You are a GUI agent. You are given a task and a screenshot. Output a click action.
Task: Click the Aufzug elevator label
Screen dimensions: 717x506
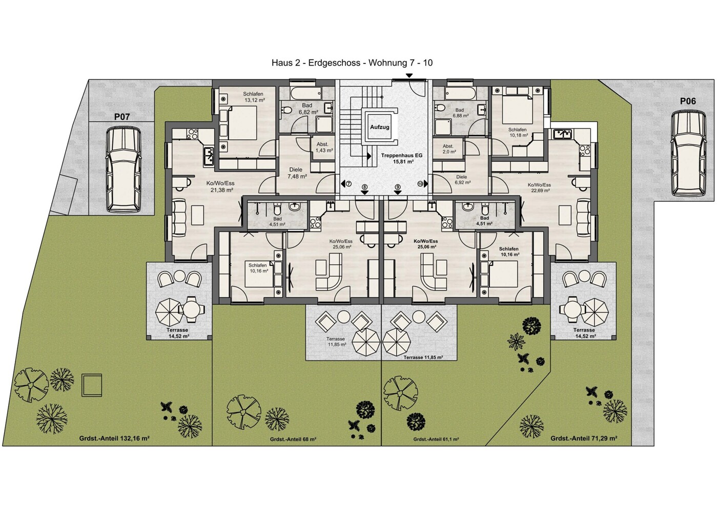tap(380, 127)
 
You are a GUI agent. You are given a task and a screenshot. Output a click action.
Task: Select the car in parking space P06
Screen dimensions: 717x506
tap(688, 153)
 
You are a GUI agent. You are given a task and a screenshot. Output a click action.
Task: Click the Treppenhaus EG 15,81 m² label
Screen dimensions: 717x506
tap(401, 158)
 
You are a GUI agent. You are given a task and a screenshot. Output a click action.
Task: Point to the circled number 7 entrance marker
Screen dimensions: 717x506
tap(349, 184)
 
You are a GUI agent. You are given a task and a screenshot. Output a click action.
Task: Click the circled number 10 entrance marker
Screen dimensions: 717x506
tap(420, 184)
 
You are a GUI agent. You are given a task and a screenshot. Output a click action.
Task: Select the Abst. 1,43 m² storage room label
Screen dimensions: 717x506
tap(324, 147)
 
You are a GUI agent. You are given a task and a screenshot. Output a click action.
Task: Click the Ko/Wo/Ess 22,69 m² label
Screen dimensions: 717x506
tap(539, 188)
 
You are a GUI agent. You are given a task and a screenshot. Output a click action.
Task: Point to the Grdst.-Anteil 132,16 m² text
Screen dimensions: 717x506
tap(115, 438)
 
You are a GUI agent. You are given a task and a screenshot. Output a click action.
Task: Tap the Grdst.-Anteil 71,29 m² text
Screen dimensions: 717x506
tap(584, 438)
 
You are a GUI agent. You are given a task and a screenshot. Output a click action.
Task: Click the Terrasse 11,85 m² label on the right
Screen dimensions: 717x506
tap(423, 357)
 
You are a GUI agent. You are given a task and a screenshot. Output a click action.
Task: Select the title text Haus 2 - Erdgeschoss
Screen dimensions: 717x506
tap(317, 62)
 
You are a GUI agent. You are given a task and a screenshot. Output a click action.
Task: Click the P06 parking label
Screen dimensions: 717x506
tap(688, 101)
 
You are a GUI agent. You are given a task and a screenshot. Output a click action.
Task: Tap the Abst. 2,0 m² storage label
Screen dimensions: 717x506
tap(449, 149)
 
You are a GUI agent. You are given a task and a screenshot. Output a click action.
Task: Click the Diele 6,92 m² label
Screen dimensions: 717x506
tap(462, 180)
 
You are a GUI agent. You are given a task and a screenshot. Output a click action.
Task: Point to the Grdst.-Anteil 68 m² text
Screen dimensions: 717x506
tap(293, 439)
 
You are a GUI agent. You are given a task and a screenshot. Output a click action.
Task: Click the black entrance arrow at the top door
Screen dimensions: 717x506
tap(409, 75)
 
